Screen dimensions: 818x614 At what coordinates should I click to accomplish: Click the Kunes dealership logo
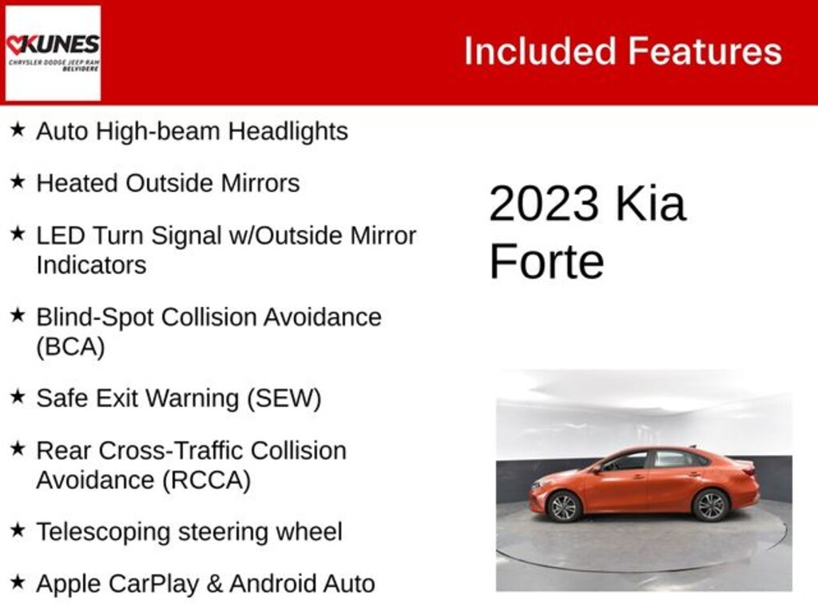point(53,53)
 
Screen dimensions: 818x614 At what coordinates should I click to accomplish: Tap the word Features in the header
point(705,51)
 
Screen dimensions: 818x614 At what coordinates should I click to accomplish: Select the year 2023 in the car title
point(543,203)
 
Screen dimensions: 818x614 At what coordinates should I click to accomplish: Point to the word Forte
point(546,261)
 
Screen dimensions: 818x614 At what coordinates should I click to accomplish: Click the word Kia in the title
point(650,203)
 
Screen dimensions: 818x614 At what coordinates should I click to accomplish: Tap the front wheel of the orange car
point(563,506)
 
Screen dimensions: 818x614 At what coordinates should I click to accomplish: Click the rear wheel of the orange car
point(710,505)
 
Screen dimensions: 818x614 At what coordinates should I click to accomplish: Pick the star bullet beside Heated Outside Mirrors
point(18,182)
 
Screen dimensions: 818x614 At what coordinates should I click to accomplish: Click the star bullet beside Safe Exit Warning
point(18,397)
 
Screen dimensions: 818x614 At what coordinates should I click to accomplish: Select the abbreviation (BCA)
point(70,347)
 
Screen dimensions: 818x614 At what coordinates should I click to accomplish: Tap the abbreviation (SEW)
point(284,398)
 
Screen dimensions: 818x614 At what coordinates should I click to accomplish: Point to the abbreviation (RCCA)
point(207,480)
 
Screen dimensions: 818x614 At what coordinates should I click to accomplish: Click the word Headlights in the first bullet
point(288,131)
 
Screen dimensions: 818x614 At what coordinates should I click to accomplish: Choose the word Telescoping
point(103,532)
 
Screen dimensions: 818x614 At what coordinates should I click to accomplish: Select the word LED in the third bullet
point(60,236)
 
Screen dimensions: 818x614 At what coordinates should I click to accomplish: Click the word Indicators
point(91,265)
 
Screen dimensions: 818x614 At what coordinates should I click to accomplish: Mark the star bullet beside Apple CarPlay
point(18,582)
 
